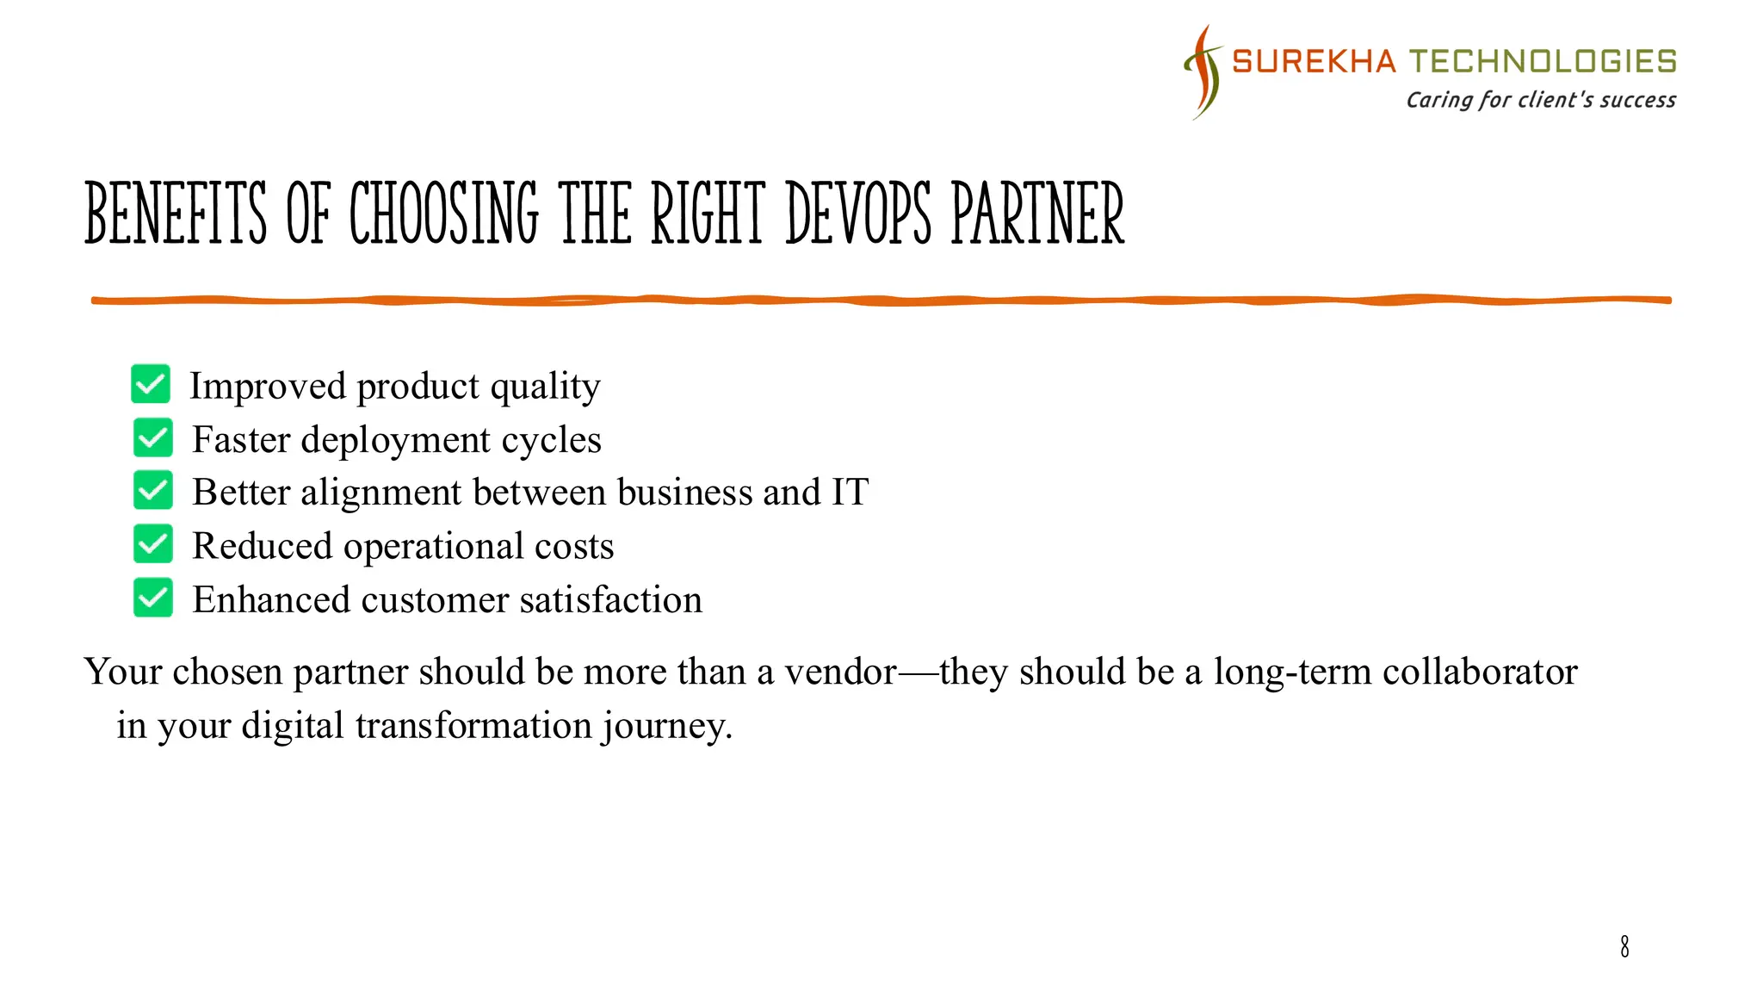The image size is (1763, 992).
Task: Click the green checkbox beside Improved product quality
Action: (x=151, y=384)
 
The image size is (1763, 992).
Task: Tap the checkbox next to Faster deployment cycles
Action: (x=153, y=437)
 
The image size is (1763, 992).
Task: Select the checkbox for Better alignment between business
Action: (x=153, y=491)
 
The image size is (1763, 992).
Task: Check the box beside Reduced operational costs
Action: (x=153, y=544)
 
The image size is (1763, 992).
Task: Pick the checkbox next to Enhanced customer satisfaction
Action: (x=153, y=598)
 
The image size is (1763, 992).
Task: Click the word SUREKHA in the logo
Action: (x=1314, y=62)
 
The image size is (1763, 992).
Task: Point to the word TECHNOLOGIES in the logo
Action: (x=1543, y=62)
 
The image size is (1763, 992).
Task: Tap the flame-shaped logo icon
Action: (x=1203, y=72)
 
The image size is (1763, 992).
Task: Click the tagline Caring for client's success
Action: (x=1541, y=101)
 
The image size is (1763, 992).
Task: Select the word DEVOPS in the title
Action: (x=858, y=214)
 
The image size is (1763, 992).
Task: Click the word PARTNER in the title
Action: (x=1037, y=214)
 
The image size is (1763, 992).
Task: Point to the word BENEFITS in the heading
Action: (x=176, y=214)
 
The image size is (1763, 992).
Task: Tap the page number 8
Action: (x=1624, y=946)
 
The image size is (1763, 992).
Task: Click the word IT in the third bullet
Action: (x=850, y=493)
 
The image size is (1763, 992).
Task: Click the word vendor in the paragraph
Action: (x=840, y=672)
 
